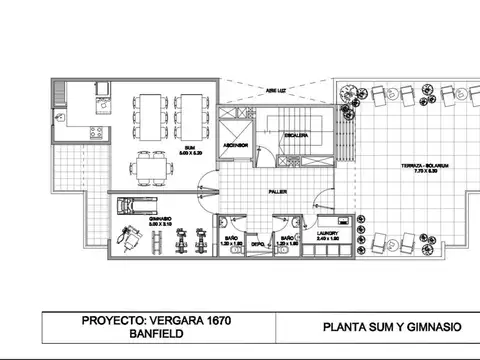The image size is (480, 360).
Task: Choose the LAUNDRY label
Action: pos(328,236)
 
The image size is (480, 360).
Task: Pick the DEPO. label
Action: pos(257,243)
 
